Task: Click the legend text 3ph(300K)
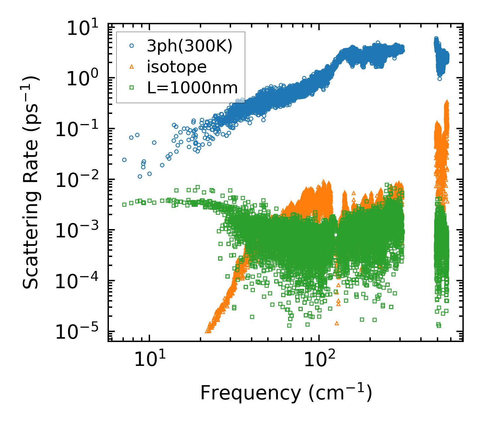190,47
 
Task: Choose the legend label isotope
177,67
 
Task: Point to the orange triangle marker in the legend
132,67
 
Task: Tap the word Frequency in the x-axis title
250,393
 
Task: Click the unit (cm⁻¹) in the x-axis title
340,393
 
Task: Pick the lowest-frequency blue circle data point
124,160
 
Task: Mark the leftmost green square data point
124,205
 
